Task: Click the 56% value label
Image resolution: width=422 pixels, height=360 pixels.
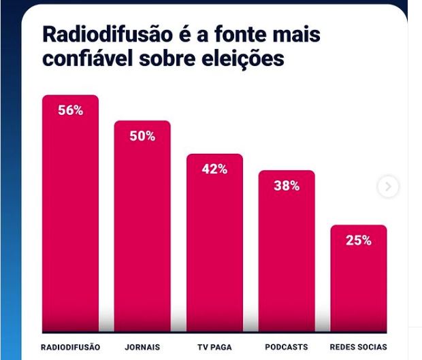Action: [x=70, y=110]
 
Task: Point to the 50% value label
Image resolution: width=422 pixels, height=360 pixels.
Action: [x=142, y=136]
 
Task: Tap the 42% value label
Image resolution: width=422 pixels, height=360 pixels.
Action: [x=214, y=169]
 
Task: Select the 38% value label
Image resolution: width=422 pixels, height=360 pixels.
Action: [x=287, y=186]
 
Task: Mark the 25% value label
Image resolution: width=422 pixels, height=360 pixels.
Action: [x=358, y=240]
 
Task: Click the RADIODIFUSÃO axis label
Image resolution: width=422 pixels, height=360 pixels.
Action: [x=70, y=347]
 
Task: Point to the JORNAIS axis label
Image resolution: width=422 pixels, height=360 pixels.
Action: [x=142, y=347]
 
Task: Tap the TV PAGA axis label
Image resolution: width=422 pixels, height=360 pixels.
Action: [x=214, y=347]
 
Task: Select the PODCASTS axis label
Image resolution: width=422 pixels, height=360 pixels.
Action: [x=287, y=347]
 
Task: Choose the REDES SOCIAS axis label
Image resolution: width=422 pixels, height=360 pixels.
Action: [x=358, y=347]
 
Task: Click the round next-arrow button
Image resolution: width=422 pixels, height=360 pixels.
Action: [x=388, y=186]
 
